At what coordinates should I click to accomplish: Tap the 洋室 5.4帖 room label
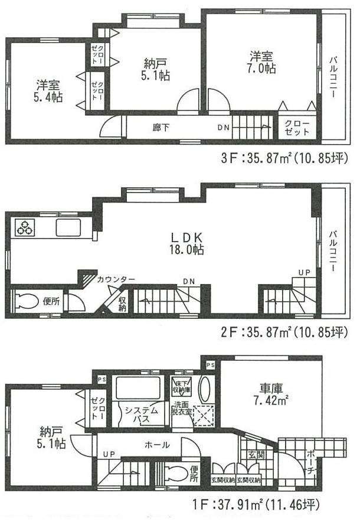[48, 90]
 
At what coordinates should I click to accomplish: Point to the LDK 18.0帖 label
[187, 243]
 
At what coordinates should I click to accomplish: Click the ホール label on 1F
[156, 444]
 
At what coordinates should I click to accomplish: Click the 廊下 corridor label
[158, 126]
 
